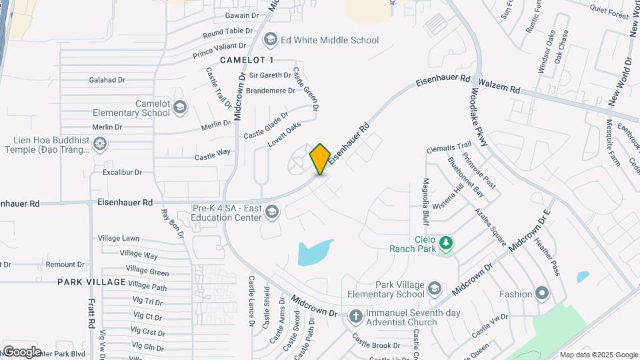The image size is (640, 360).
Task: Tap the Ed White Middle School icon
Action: tap(271, 40)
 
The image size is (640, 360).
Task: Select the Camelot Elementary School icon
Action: tap(180, 107)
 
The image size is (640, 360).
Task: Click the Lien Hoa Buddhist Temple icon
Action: tap(100, 144)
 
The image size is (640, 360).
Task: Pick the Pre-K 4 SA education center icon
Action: tap(271, 212)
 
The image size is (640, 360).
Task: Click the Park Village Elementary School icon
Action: tap(435, 289)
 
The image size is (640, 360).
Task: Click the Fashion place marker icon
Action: tap(543, 293)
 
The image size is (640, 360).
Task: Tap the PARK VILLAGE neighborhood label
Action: tap(91, 282)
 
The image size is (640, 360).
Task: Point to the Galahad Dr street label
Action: tap(107, 80)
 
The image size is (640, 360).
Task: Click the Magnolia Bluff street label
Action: tap(425, 201)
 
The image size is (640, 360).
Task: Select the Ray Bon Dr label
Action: tap(173, 224)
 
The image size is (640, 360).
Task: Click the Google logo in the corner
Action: tap(22, 351)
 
